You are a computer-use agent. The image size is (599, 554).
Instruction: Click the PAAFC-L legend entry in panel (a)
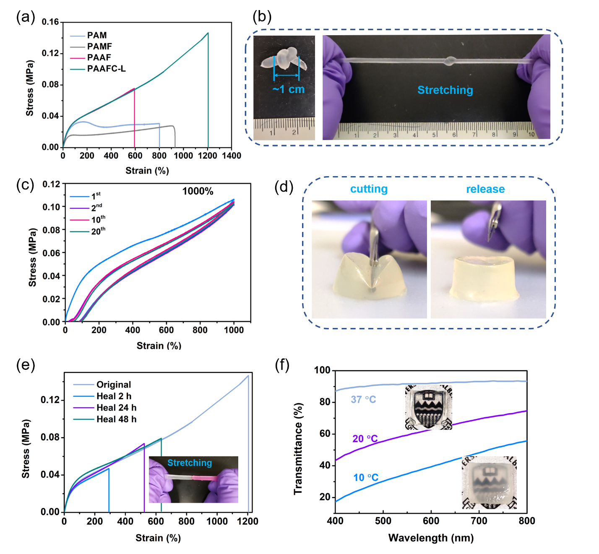pos(106,69)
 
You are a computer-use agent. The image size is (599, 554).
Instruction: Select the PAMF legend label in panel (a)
pos(99,47)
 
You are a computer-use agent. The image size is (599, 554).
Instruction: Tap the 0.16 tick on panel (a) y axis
pos(50,22)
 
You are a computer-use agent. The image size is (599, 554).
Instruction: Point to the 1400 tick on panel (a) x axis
pos(232,156)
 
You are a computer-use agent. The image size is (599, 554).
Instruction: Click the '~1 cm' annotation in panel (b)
pos(288,89)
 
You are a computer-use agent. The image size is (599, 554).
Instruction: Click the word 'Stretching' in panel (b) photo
pos(445,90)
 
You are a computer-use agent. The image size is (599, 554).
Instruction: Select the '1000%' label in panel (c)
pos(198,191)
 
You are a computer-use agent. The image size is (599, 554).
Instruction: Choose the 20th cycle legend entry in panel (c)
pos(98,231)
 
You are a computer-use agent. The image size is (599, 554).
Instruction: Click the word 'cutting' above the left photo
pos(369,189)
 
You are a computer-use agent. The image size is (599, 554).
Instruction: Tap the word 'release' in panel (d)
pos(485,189)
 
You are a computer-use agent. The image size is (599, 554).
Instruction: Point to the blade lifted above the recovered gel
pos(494,223)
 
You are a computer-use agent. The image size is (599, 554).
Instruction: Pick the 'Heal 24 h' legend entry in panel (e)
pos(116,408)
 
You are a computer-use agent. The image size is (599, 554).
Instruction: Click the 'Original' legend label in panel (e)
pos(114,385)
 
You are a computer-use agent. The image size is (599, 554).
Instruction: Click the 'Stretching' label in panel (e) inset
pos(190,463)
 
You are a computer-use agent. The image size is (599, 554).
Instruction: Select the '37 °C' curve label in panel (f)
pos(363,400)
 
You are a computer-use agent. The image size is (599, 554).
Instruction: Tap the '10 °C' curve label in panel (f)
pos(365,478)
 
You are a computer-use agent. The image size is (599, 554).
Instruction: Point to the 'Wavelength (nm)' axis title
pos(431,538)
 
